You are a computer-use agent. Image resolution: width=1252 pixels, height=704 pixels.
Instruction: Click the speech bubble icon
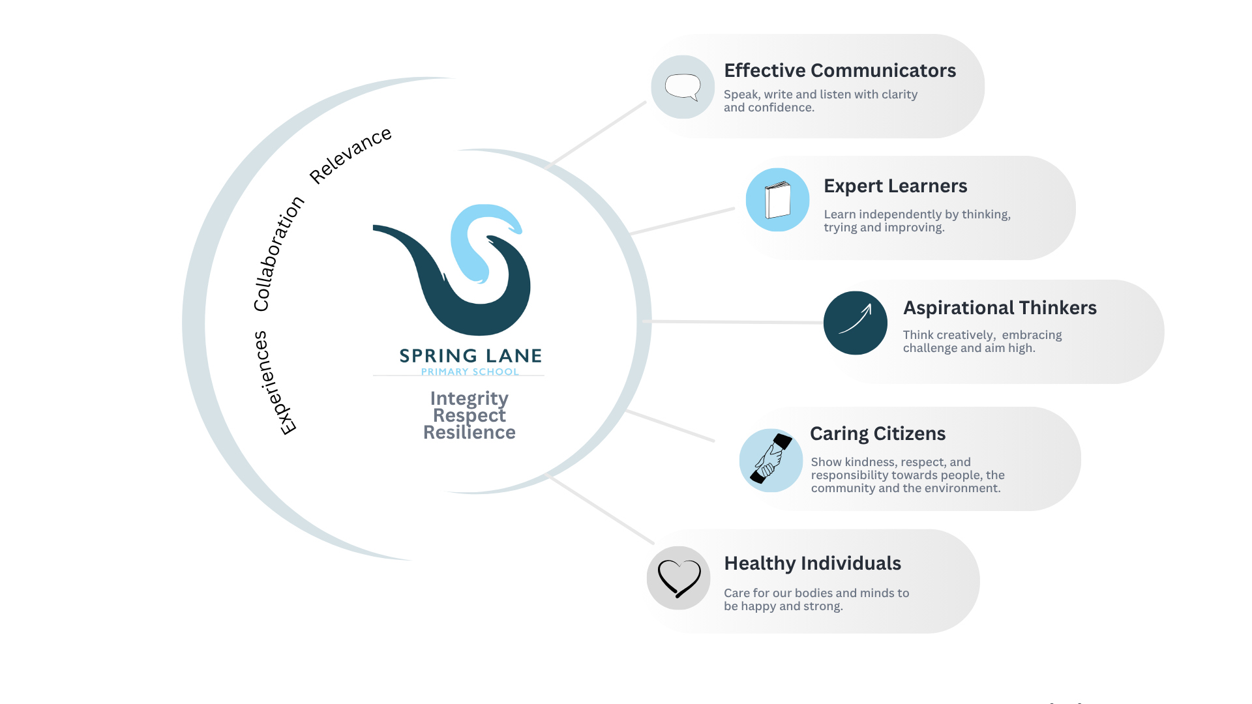point(683,87)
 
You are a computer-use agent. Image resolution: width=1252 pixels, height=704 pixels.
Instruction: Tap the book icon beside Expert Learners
point(777,200)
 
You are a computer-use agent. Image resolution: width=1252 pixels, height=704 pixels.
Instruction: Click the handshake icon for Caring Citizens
point(771,460)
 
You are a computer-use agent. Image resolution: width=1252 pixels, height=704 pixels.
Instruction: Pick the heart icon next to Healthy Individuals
point(678,578)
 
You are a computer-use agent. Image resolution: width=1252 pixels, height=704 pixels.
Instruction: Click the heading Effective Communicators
point(839,70)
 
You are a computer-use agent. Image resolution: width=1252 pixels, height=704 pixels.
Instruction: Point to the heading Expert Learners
point(895,186)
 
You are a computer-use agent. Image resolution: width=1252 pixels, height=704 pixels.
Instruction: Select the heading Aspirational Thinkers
point(999,308)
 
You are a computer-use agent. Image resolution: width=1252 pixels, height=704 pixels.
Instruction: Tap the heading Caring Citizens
point(877,433)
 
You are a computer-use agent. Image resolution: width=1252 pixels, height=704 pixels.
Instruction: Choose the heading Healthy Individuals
point(812,563)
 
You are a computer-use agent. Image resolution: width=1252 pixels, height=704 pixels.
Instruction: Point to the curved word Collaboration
point(278,254)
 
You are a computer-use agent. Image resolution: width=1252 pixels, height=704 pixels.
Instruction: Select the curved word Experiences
point(274,383)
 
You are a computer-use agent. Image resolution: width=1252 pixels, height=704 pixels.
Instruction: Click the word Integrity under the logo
point(469,398)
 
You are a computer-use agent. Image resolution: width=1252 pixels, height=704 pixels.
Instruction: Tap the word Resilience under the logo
point(469,432)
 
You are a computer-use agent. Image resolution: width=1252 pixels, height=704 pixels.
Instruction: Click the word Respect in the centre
point(469,415)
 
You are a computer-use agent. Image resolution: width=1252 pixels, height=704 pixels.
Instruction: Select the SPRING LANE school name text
point(470,356)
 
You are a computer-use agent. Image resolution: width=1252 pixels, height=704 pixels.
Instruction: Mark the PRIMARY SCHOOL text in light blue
point(469,372)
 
